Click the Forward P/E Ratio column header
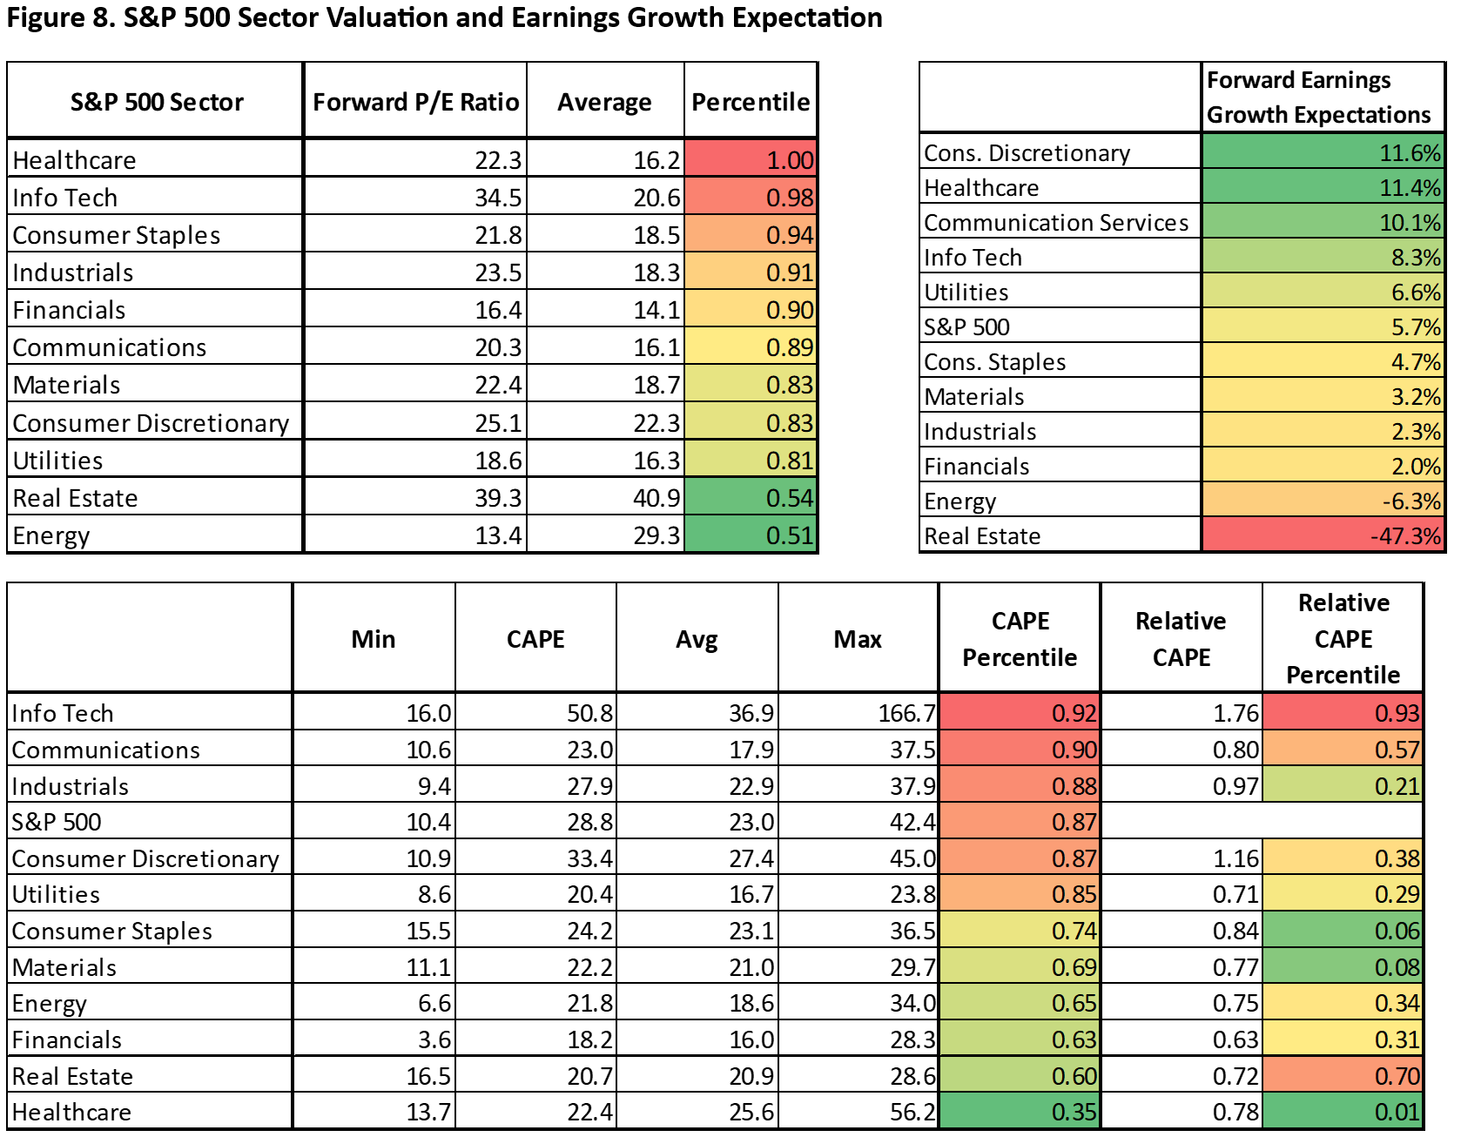click(415, 102)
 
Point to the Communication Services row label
click(1055, 223)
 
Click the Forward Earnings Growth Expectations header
click(1318, 98)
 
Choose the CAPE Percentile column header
click(1020, 639)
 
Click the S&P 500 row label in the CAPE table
click(57, 822)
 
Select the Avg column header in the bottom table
click(697, 639)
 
